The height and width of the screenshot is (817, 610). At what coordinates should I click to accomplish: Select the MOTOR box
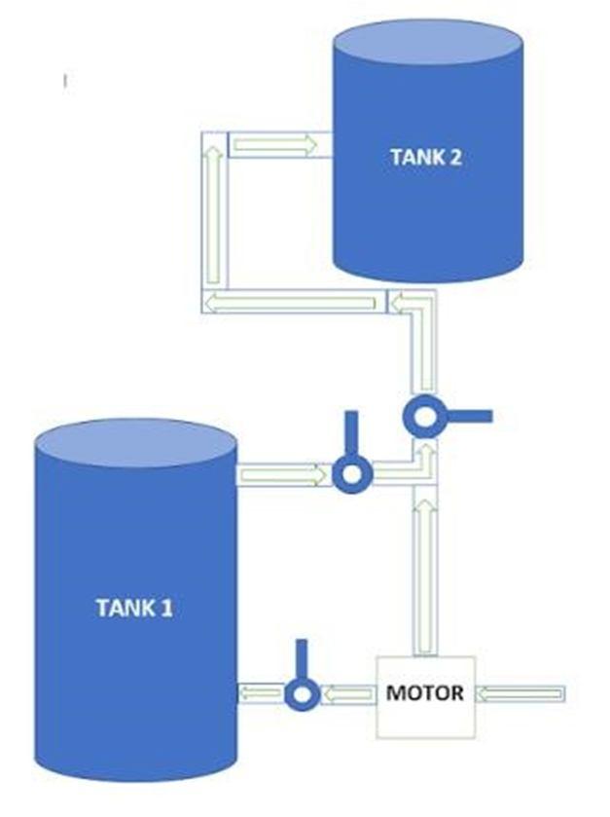click(x=425, y=694)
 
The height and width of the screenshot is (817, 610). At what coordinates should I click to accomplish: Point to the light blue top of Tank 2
click(x=427, y=45)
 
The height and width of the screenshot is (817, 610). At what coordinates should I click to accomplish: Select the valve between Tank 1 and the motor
click(x=302, y=693)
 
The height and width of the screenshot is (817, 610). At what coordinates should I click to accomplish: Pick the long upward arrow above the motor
click(x=423, y=570)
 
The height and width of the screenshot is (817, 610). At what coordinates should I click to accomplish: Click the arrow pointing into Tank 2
click(x=275, y=145)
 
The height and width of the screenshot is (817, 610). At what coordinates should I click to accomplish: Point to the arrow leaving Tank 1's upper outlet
click(x=282, y=474)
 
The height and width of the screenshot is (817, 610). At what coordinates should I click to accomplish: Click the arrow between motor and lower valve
click(x=346, y=694)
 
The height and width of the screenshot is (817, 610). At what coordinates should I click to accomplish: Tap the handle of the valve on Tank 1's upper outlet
click(x=349, y=433)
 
